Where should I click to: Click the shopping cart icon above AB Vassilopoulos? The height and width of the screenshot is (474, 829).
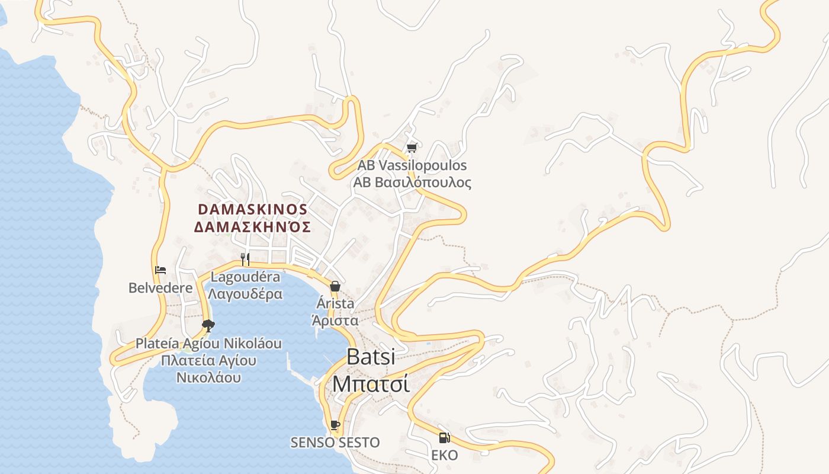pos(412,148)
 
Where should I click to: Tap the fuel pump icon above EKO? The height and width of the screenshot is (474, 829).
pos(444,438)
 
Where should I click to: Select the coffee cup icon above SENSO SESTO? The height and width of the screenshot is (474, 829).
pos(335,425)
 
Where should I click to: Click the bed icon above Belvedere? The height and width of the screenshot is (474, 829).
pos(160,270)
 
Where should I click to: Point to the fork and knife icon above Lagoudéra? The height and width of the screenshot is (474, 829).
pos(245,259)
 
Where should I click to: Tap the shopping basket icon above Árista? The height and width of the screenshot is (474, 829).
pos(335,287)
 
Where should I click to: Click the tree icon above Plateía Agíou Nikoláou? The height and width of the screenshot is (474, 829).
pos(208,325)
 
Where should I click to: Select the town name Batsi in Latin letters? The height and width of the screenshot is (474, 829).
pos(370,357)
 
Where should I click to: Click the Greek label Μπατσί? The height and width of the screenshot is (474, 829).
pos(370,383)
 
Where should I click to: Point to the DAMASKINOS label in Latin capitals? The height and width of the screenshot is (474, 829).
pos(253,210)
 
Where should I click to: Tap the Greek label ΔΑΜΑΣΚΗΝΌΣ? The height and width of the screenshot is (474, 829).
pos(253,227)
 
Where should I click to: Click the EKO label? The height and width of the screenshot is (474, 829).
pos(444,455)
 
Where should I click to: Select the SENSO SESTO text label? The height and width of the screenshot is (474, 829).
pos(335,443)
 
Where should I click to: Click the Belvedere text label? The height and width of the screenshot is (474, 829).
pos(160,288)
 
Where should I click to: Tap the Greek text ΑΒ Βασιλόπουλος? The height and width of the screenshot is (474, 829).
pos(412,182)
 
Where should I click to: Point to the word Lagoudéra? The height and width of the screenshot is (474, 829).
pos(245,277)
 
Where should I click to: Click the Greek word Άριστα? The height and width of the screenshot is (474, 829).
pos(335,321)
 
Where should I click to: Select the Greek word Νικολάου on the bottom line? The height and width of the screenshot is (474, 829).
pos(208,377)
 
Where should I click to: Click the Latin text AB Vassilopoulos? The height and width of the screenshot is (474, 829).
pos(412,165)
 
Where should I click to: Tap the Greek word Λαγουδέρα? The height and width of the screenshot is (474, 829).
pos(245,293)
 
